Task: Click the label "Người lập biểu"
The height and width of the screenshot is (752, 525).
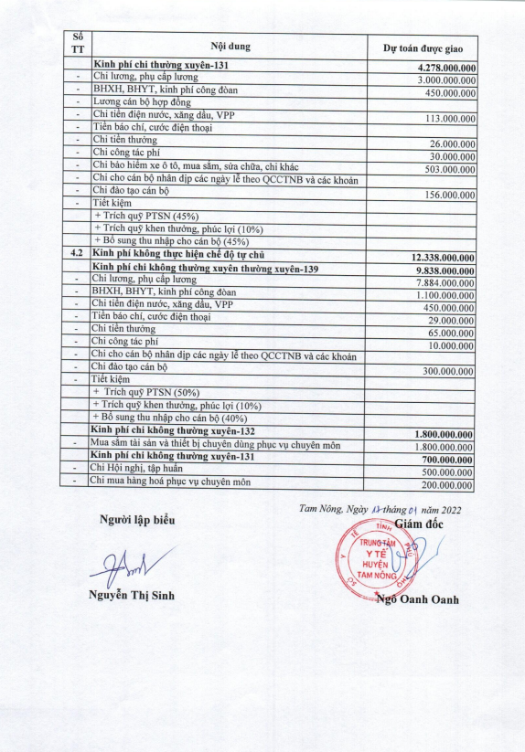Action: tap(136, 520)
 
